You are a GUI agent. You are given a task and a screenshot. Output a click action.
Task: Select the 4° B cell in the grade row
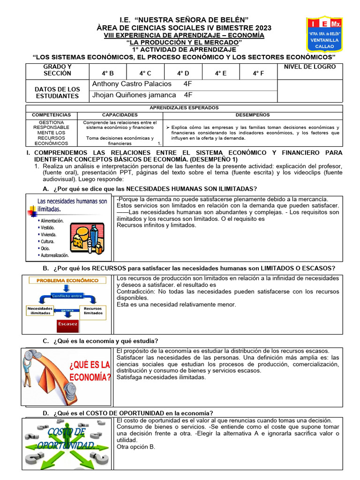[x=108, y=73]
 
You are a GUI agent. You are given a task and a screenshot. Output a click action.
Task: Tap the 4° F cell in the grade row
[x=258, y=73]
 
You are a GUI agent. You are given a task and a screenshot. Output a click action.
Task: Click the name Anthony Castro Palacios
[x=132, y=84]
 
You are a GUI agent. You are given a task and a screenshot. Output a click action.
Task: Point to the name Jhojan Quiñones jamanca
[x=134, y=95]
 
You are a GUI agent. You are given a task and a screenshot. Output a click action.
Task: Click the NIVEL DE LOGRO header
[x=310, y=67]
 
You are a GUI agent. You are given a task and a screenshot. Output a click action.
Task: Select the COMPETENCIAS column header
[x=51, y=115]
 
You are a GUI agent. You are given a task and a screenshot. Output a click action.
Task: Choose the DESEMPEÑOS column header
[x=252, y=115]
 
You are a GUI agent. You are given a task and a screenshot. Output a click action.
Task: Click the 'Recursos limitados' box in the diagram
[x=93, y=311]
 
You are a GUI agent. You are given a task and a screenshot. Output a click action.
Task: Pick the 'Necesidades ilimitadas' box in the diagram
[x=40, y=311]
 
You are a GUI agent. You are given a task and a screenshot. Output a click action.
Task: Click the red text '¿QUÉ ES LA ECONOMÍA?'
[x=90, y=371]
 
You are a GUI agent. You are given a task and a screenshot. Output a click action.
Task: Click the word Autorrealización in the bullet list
[x=54, y=255]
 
